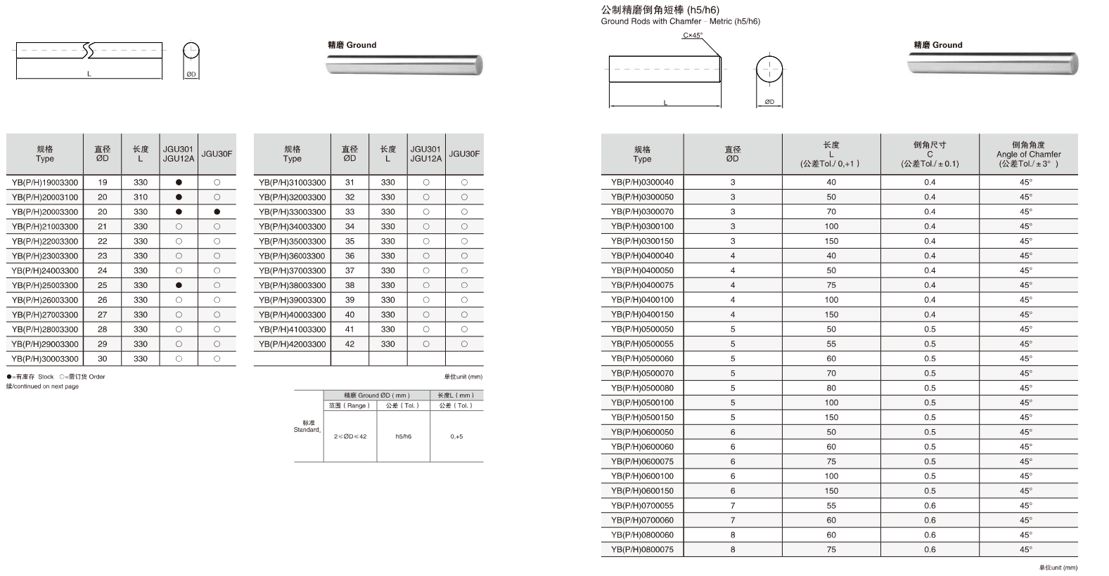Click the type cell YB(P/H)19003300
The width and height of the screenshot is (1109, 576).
[45, 183]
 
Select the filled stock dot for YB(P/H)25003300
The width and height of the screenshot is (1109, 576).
[179, 285]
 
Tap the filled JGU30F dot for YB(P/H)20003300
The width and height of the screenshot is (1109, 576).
[217, 212]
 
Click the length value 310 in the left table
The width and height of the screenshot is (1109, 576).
[141, 197]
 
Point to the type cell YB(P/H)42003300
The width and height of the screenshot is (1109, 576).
[293, 344]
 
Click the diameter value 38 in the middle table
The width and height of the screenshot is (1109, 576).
[350, 285]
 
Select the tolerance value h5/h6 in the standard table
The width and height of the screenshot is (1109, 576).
[404, 436]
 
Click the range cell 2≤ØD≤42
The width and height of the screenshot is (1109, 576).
[350, 436]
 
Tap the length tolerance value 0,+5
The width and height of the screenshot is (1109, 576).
[456, 436]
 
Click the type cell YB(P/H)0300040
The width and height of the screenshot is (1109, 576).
[642, 183]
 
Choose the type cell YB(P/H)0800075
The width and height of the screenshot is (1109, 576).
[642, 550]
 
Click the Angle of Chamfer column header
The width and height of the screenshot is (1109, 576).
[1028, 155]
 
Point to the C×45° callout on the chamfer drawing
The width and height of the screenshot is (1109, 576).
[693, 35]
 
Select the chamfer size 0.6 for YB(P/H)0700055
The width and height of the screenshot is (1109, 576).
[930, 506]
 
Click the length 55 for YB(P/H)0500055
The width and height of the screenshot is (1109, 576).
[831, 344]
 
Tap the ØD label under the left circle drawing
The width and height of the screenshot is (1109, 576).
[191, 74]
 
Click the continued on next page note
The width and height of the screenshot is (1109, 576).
[43, 386]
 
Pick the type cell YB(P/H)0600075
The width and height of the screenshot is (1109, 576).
[642, 462]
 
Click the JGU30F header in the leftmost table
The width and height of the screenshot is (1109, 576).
[217, 154]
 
